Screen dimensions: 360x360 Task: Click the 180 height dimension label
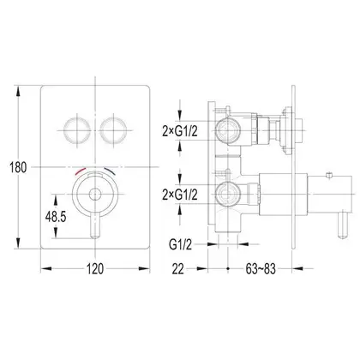click(x=18, y=167)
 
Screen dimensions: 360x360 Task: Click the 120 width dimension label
click(x=95, y=269)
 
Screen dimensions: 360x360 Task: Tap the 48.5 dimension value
click(x=56, y=217)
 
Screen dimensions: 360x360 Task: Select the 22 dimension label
click(x=177, y=269)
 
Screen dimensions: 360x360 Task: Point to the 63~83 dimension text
click(x=261, y=269)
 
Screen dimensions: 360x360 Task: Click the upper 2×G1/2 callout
click(x=180, y=131)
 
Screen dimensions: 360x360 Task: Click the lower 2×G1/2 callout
click(x=180, y=195)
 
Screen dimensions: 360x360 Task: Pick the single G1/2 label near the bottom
click(x=181, y=244)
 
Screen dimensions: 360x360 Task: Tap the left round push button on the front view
click(x=77, y=130)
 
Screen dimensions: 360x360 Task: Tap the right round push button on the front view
click(x=113, y=130)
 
